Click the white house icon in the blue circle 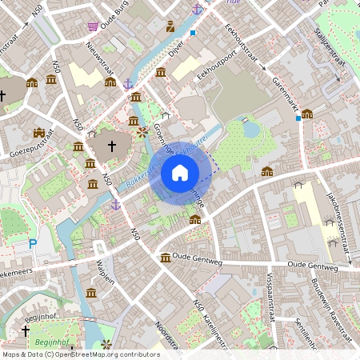tap(180, 173)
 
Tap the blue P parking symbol tap(32, 243)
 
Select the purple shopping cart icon tap(94, 26)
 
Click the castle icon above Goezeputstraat tap(39, 131)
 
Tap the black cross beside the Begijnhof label tap(25, 330)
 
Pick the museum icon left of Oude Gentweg tap(165, 258)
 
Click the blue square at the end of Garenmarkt tap(298, 118)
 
